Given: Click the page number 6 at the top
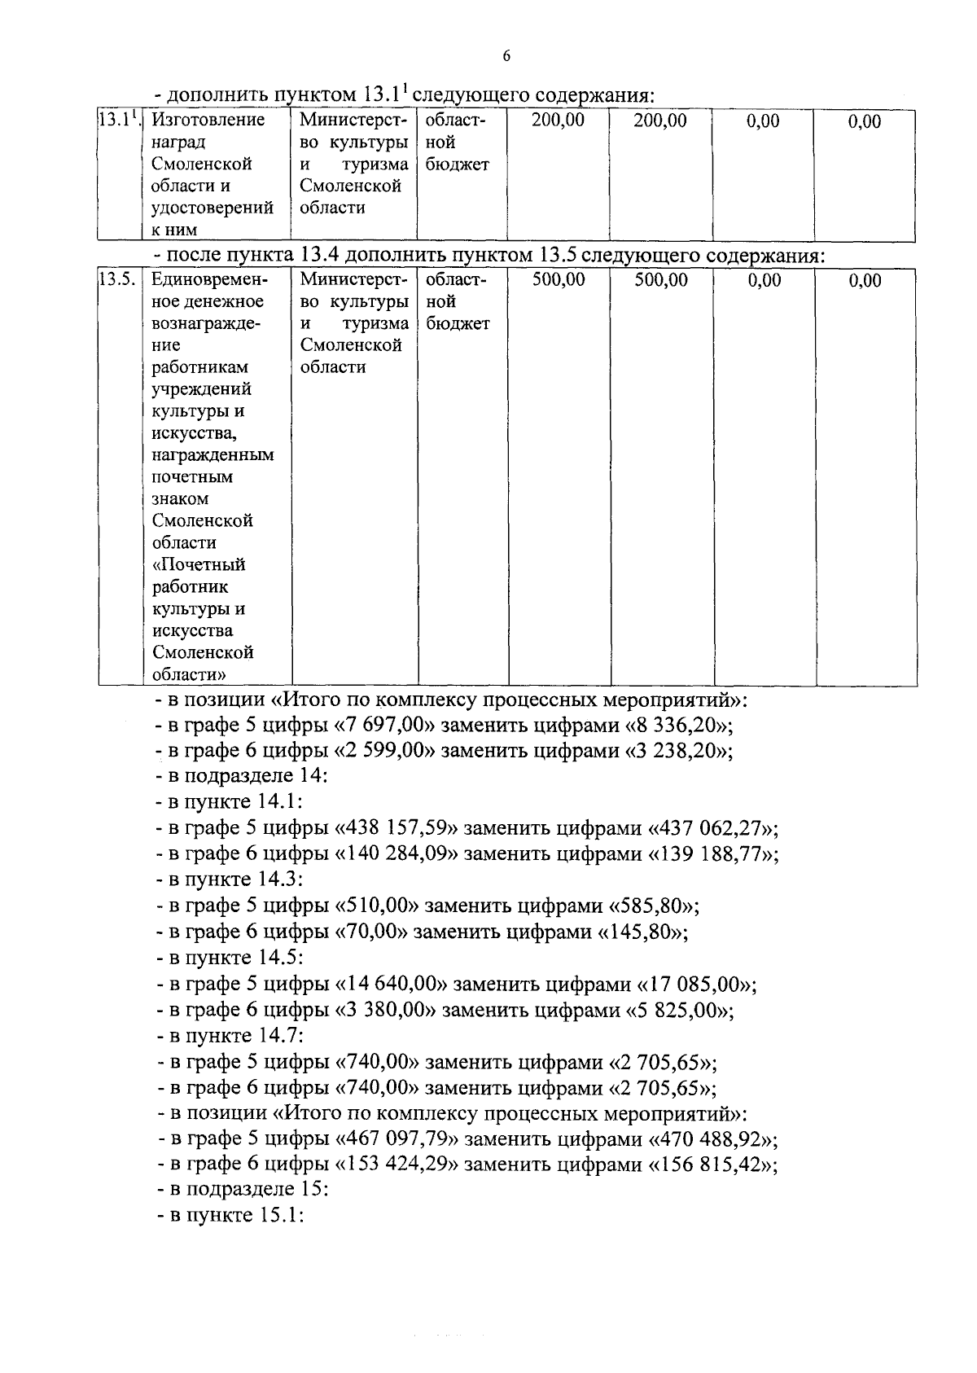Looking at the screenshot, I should pos(506,56).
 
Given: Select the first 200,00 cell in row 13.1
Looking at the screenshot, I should pos(558,121).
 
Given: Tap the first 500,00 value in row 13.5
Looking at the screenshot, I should pos(559,280).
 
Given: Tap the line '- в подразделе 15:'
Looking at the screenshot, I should pos(242,1190).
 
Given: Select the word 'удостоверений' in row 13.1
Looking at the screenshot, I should pos(212,208).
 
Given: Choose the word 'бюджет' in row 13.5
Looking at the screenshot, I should pos(458,324).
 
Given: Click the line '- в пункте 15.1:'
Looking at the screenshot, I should pos(230,1216).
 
